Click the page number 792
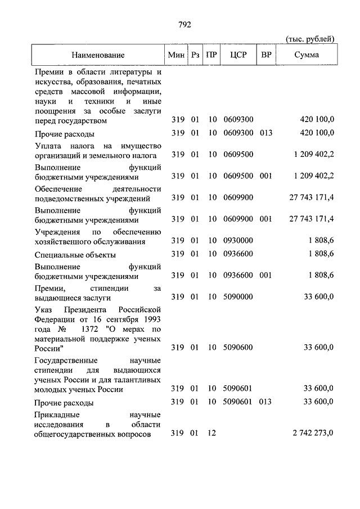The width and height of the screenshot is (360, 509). click(x=184, y=24)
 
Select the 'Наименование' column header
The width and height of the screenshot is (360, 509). click(x=98, y=55)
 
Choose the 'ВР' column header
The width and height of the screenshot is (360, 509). click(x=266, y=55)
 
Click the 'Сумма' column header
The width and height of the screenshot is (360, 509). click(x=307, y=55)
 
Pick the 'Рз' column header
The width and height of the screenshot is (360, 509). click(x=195, y=55)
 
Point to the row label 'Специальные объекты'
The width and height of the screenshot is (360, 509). click(x=75, y=255)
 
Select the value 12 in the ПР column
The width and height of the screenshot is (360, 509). click(x=211, y=433)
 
